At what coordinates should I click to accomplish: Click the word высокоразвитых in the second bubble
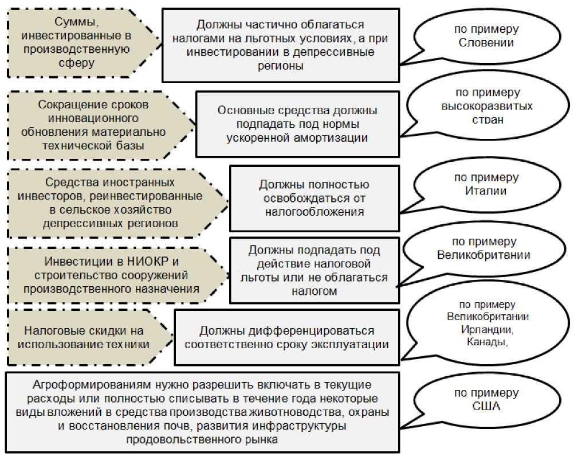[486, 106]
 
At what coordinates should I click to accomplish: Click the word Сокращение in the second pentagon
[65, 105]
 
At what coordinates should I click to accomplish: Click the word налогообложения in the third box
[314, 211]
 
